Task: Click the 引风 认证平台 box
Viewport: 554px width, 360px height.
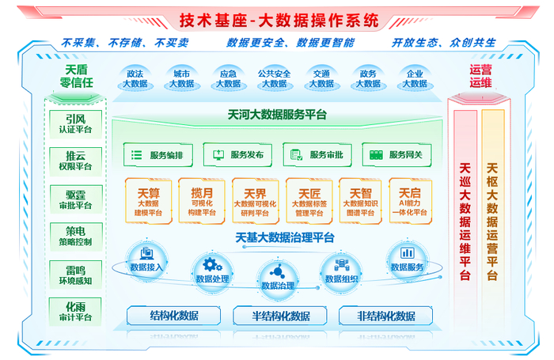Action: tap(76, 124)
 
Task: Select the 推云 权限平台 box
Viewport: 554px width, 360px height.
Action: tap(76, 161)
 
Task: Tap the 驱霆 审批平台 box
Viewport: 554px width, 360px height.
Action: tap(76, 199)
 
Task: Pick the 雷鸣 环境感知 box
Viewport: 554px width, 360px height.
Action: tap(76, 275)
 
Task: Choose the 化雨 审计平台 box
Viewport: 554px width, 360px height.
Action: tap(76, 311)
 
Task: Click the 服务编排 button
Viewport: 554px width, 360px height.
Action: tap(158, 155)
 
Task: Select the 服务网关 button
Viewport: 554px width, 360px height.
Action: tap(397, 155)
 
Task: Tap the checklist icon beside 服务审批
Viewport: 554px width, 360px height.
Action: tap(296, 155)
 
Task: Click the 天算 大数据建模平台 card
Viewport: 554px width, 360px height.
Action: tap(149, 201)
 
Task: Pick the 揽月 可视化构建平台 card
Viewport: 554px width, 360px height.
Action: tap(202, 201)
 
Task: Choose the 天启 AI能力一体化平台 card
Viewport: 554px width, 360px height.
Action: tap(410, 201)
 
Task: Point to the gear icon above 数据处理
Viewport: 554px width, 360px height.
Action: tap(212, 264)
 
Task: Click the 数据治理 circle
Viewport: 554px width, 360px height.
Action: tap(277, 280)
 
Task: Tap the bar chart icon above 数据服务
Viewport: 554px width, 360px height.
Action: tap(407, 252)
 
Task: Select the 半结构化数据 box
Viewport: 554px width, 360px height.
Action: tap(280, 316)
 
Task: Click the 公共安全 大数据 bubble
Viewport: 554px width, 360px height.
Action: tap(275, 79)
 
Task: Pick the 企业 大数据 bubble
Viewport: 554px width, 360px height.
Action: tap(415, 79)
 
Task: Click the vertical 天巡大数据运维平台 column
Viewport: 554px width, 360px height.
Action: tap(465, 221)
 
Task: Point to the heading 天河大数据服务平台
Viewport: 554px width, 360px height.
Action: tap(277, 115)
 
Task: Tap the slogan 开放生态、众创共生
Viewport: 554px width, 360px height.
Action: tap(444, 43)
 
